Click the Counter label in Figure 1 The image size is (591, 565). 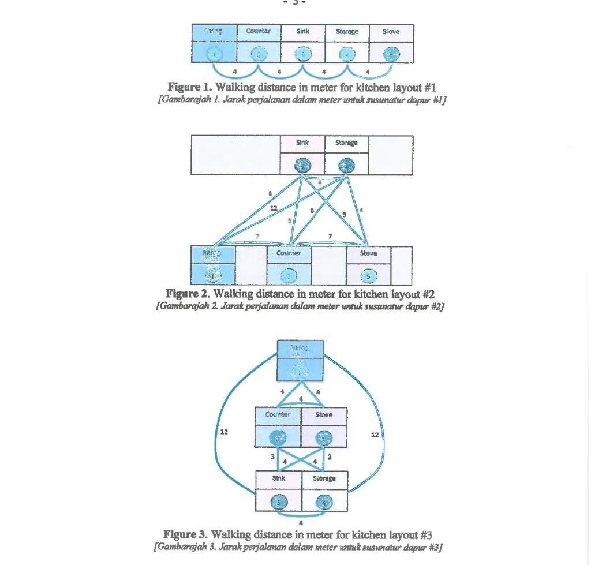(x=258, y=31)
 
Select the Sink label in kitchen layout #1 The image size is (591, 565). (x=303, y=31)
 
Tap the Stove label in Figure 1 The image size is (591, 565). (x=391, y=32)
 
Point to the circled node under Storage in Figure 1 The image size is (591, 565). (x=347, y=54)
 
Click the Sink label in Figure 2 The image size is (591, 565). (x=302, y=143)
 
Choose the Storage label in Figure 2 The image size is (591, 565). (x=347, y=143)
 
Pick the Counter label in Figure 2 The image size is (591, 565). (x=289, y=253)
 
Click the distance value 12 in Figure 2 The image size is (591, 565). (x=274, y=208)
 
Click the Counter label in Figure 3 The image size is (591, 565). (x=278, y=414)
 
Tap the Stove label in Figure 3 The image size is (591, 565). (x=324, y=415)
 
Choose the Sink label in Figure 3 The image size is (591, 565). (x=279, y=478)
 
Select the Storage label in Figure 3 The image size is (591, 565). (x=324, y=478)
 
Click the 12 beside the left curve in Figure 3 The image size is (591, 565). (x=224, y=432)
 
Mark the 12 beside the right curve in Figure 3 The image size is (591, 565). (x=375, y=435)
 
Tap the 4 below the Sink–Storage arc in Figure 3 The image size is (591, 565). (x=301, y=523)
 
